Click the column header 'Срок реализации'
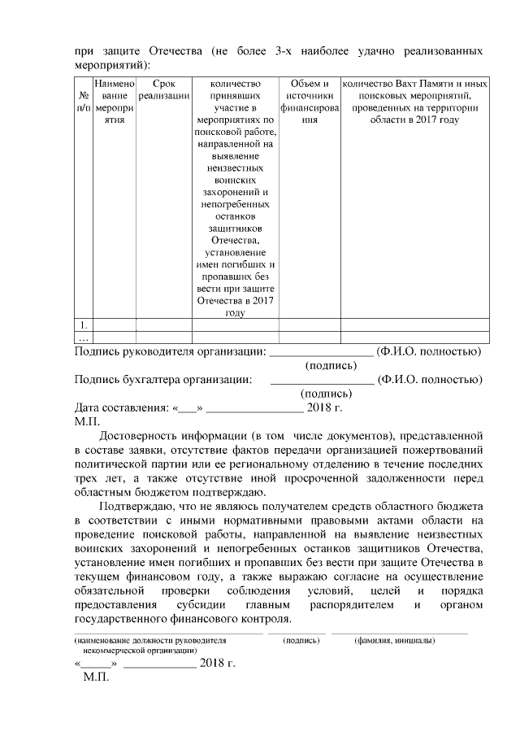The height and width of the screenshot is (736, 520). click(x=163, y=89)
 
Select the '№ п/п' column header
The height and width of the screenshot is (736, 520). click(x=83, y=101)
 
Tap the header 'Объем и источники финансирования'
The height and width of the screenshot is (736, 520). click(x=309, y=101)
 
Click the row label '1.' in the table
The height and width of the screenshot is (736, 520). click(x=82, y=324)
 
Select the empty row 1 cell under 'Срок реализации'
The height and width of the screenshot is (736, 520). click(x=163, y=324)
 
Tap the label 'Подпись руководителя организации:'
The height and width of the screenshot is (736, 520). click(x=170, y=351)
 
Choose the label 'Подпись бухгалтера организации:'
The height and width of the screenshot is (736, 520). click(x=162, y=379)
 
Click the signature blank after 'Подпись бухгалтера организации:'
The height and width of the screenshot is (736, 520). click(x=321, y=380)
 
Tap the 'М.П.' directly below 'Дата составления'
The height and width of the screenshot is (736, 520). click(x=86, y=421)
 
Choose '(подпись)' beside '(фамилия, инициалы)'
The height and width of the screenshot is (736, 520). click(x=301, y=641)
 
